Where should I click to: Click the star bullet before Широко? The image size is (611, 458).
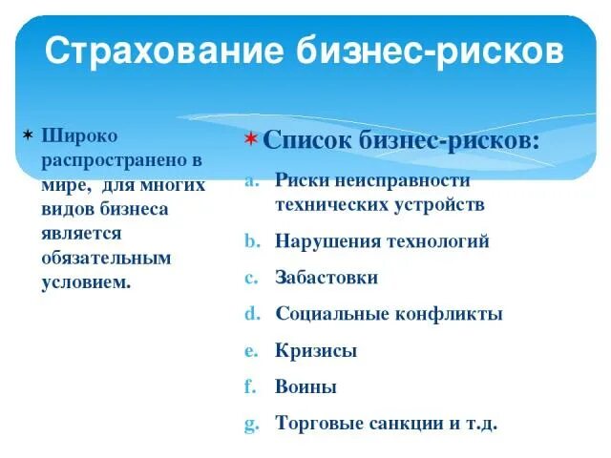[x=29, y=133]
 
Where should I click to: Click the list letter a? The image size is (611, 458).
[x=248, y=179]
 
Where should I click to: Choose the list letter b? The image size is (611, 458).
[x=248, y=240]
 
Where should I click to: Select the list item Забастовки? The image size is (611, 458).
[x=327, y=278]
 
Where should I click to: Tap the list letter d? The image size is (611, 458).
[x=248, y=314]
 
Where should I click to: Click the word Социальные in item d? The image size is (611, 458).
[x=334, y=314]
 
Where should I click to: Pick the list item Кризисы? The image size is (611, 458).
[x=316, y=350]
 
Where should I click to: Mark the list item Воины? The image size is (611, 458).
[x=305, y=386]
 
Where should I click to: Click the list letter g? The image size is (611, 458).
[x=248, y=424]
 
